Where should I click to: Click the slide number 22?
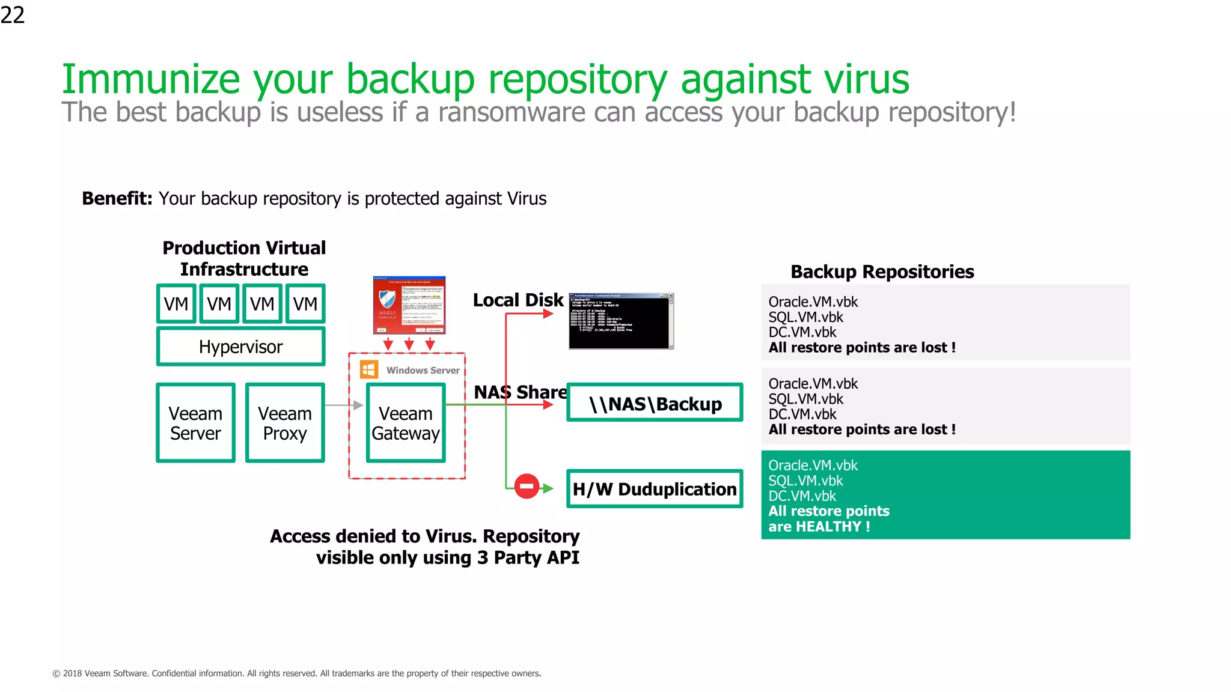[13, 14]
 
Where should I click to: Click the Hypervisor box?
[240, 347]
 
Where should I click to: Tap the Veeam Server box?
[195, 423]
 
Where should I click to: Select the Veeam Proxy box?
[285, 423]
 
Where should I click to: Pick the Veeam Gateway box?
[406, 423]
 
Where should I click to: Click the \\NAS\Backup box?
[655, 403]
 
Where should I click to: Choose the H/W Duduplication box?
[655, 489]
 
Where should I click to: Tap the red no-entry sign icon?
[527, 486]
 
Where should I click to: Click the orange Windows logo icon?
[369, 369]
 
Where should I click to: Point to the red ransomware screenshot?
[409, 305]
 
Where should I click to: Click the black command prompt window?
[621, 321]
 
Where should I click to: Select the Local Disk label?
[518, 300]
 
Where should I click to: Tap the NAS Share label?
[520, 392]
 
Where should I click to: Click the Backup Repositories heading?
[882, 272]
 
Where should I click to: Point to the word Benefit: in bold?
[117, 198]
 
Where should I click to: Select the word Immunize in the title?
[151, 79]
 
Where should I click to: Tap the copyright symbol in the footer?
[57, 674]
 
